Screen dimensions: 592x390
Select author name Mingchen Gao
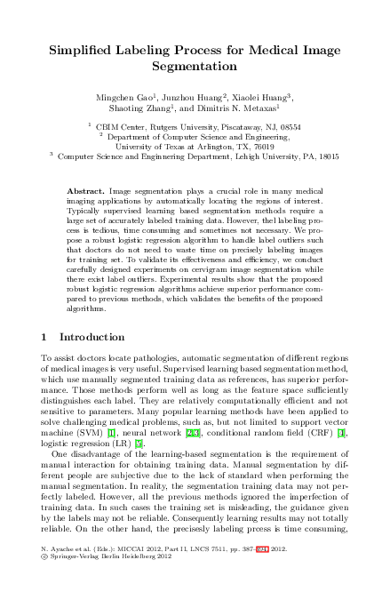(121, 94)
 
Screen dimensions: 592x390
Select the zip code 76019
(266, 146)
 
